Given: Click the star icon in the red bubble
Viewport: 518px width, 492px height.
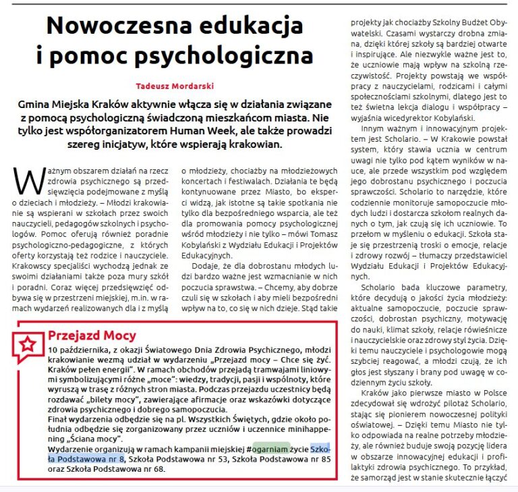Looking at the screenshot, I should click(28, 344).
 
